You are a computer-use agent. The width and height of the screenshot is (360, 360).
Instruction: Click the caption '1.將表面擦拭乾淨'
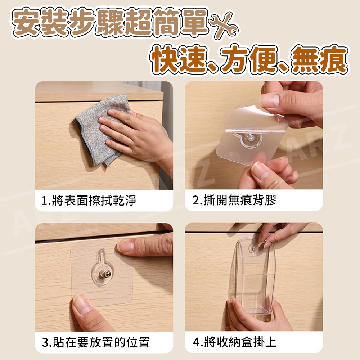(89, 201)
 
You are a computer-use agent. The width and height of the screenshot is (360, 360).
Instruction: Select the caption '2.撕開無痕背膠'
(234, 200)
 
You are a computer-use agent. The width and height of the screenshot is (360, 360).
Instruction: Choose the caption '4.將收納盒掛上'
(235, 342)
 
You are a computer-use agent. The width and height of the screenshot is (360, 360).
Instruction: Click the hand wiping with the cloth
(135, 135)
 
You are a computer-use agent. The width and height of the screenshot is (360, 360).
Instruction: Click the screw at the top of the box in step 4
(255, 248)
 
